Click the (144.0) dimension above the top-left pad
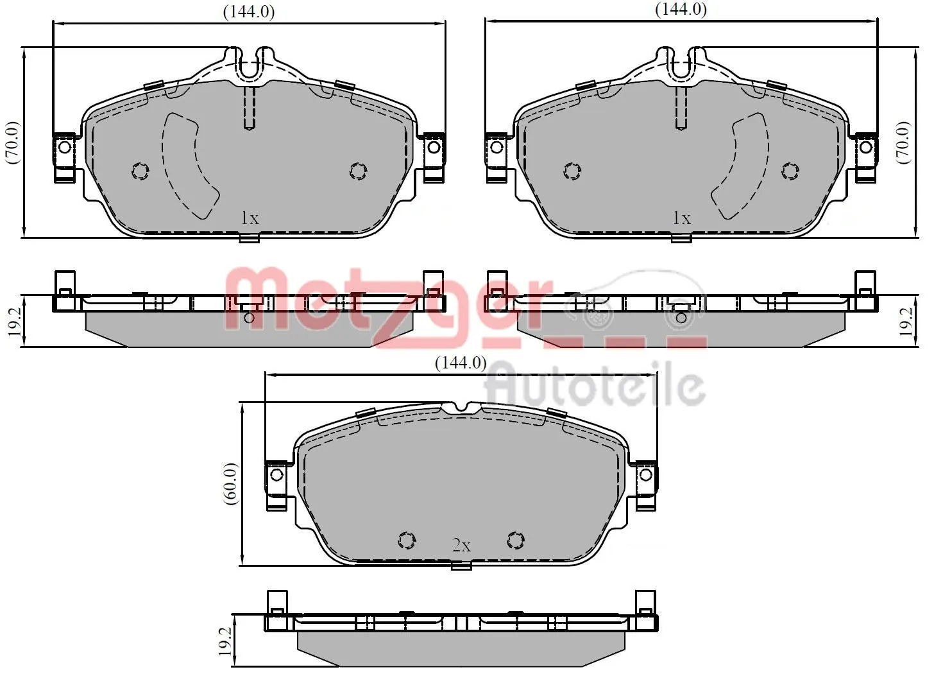(x=249, y=12)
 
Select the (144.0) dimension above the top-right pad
(x=681, y=10)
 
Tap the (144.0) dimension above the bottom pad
(x=461, y=363)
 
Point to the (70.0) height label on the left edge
(x=13, y=142)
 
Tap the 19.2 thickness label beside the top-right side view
(x=905, y=321)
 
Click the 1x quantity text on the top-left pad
(x=250, y=218)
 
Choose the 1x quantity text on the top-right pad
(x=681, y=218)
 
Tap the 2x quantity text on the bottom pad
(x=461, y=546)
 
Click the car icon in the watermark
(x=635, y=302)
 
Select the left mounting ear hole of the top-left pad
(x=65, y=148)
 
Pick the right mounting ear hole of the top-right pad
(x=865, y=148)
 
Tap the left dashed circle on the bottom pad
(x=407, y=540)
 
